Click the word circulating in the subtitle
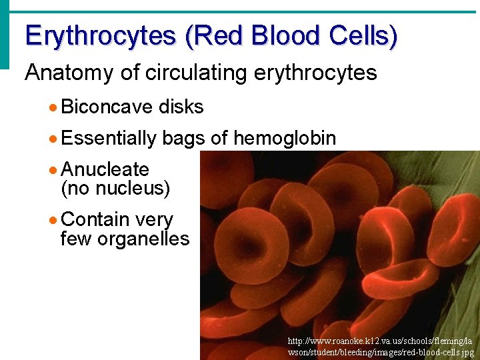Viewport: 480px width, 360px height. point(195,73)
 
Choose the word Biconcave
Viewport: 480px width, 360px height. point(107,107)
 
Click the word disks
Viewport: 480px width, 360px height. point(181,107)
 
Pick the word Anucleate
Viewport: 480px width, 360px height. point(104,170)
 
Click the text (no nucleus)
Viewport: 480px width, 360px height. point(115,188)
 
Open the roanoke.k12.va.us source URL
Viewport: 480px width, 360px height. point(381,346)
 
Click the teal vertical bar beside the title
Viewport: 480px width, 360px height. point(5,33)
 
